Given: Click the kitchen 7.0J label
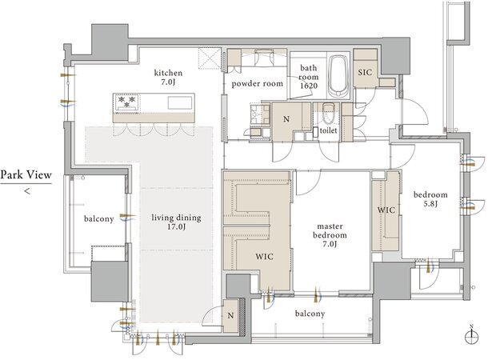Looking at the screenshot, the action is tap(168, 78).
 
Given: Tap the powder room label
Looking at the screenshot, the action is tap(257, 83).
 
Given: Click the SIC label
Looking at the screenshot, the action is tap(365, 73).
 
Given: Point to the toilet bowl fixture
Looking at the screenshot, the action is tap(328, 114).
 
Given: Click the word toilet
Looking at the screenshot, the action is tap(328, 130).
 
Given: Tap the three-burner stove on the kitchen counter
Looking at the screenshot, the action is tap(126, 102).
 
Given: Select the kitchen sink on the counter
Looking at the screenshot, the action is tap(180, 102).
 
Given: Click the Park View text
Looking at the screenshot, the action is tap(26, 175).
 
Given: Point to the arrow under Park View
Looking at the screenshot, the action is tap(27, 190).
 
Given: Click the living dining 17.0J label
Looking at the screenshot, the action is tap(176, 222).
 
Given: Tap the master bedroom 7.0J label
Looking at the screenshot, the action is tap(330, 235).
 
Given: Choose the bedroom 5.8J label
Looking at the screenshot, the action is tap(430, 199).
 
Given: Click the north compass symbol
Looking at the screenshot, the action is tap(471, 336).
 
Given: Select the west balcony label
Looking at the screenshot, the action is tap(98, 218).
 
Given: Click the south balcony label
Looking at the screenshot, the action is tap(310, 314).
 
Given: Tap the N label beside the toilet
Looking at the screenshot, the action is tap(286, 119).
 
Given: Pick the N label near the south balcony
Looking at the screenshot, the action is tap(230, 315).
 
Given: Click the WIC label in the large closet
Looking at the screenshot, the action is tap(264, 257).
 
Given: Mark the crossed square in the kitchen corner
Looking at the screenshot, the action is tap(210, 58).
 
